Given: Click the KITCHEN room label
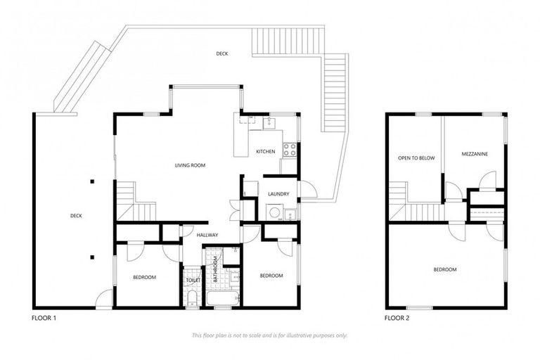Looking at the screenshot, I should [265, 152].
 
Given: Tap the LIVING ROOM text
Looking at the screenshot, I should [190, 165].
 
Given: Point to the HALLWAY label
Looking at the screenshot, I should [207, 235].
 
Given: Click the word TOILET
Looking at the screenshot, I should [193, 281].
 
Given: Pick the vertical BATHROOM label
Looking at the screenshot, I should [215, 270].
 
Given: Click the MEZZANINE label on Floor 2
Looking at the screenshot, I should [475, 153].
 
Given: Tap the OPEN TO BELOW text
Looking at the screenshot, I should [416, 158].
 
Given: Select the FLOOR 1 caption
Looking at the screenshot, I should [44, 319].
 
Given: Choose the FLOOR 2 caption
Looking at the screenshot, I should [397, 319].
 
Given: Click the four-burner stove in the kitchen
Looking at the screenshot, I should [288, 150].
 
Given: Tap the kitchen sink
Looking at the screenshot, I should [268, 124].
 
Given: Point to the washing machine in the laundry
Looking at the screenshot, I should [274, 212].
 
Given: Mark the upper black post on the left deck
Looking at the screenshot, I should [91, 181].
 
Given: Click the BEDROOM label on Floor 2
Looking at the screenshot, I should [444, 269].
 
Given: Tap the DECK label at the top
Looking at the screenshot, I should [221, 53].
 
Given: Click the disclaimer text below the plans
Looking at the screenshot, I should [269, 335].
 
